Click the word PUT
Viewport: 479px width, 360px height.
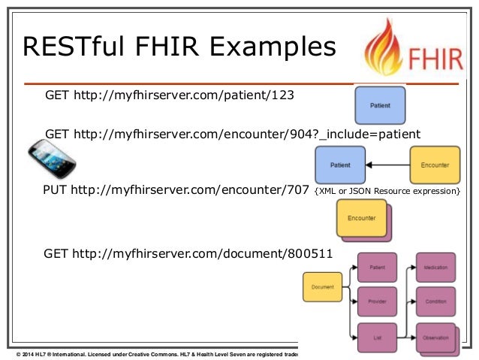tap(55, 190)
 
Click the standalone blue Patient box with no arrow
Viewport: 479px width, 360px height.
tap(379, 105)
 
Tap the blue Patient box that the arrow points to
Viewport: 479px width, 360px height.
tap(339, 165)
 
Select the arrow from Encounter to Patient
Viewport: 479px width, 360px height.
tap(387, 165)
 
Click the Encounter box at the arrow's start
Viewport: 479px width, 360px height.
tap(435, 165)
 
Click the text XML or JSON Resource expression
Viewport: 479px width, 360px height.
tap(387, 191)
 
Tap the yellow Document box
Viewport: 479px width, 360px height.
tap(321, 286)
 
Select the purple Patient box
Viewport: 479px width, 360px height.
tap(377, 267)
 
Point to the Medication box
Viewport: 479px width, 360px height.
tap(435, 267)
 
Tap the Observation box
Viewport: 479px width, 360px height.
tap(436, 337)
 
